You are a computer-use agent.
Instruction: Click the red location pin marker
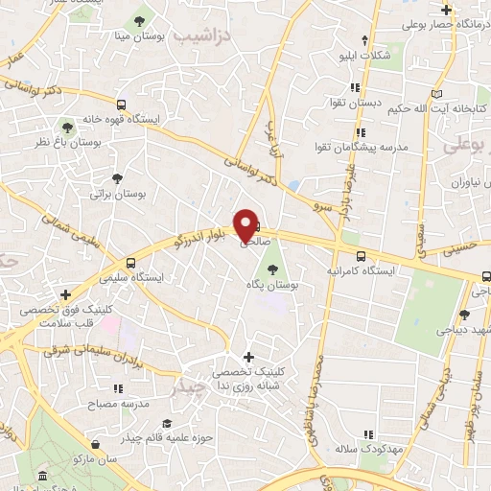(245, 225)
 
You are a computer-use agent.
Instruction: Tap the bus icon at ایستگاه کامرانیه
(361, 256)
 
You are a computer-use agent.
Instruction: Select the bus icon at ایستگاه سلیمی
(130, 263)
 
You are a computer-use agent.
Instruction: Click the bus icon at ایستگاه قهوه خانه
(121, 105)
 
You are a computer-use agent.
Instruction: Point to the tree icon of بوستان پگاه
(272, 270)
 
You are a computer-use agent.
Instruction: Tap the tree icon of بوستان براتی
(117, 178)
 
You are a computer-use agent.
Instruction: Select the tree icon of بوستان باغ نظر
(67, 127)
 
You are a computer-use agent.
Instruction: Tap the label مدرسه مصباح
(122, 405)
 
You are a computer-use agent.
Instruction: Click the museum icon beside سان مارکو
(41, 477)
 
